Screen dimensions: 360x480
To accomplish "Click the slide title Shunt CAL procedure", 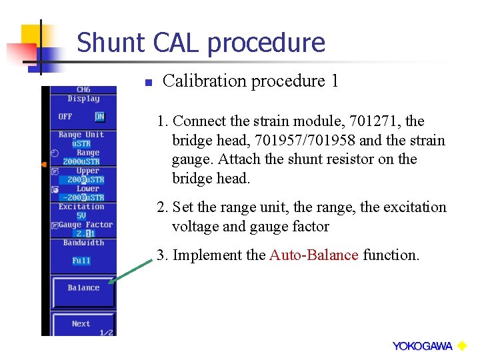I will [x=201, y=43].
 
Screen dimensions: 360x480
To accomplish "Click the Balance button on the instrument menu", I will [x=83, y=289].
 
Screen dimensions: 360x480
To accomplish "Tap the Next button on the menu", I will [x=81, y=324].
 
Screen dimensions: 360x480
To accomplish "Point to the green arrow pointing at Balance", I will [x=134, y=273].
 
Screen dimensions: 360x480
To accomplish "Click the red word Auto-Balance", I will [x=313, y=255].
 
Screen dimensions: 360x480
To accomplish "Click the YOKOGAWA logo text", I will [x=422, y=346].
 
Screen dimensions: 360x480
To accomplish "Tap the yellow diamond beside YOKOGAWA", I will [x=461, y=345].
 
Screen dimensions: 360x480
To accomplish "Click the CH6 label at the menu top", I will [x=83, y=90].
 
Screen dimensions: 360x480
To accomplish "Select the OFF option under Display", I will [x=65, y=117].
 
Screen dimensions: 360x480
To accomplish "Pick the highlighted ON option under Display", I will [x=99, y=117].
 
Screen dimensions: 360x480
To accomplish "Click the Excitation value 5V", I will [x=81, y=216].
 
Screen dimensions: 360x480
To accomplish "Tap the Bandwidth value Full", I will [x=81, y=261].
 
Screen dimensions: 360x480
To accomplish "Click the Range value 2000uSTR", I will [x=81, y=161].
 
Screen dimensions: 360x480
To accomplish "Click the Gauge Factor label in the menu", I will [x=85, y=225].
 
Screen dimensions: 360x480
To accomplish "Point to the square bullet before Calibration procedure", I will [x=149, y=83].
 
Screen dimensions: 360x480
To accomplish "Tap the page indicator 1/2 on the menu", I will [x=106, y=332].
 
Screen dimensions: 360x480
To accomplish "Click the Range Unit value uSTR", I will [x=81, y=143].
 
